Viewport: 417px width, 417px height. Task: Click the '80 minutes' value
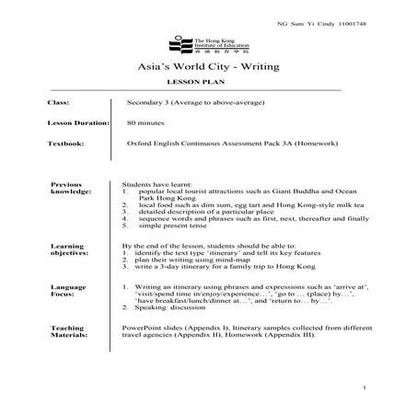(x=145, y=122)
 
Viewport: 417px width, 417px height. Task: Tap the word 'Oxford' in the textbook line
(x=141, y=144)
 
